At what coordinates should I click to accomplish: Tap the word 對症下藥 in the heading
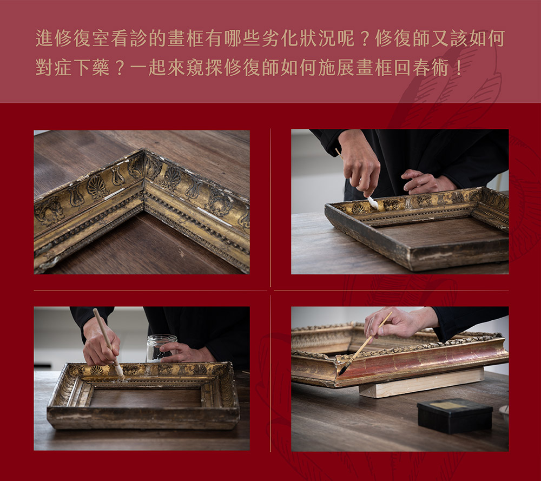point(73,67)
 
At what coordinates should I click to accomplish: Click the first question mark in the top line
point(365,38)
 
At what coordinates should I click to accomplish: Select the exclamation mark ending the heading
point(459,67)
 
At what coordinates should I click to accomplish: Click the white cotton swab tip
point(373,202)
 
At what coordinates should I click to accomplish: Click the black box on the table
point(455,416)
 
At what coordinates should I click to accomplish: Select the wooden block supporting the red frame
point(421,383)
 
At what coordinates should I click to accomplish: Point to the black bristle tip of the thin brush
point(342,371)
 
